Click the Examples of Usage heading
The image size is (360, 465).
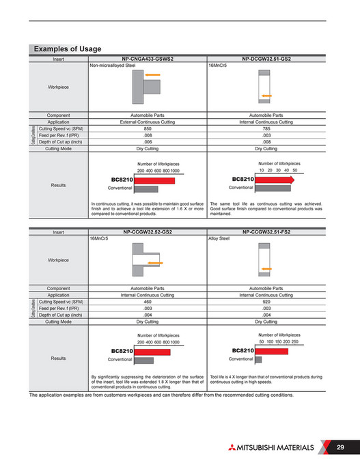tap(68, 49)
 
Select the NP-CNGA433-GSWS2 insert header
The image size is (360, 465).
tap(148, 60)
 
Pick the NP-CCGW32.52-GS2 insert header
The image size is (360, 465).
tap(148, 233)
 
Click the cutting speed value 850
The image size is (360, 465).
tap(148, 128)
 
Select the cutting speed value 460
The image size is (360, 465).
tap(148, 302)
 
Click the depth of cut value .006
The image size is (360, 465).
tap(148, 141)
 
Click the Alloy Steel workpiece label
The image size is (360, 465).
tap(221, 240)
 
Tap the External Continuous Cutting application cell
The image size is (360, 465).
tap(148, 122)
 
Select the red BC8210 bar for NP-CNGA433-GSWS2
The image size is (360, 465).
tap(155, 181)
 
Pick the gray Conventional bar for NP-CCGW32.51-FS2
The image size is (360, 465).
tap(263, 359)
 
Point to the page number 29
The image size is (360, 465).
tap(340, 447)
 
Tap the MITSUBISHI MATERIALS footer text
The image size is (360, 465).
tap(272, 448)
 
